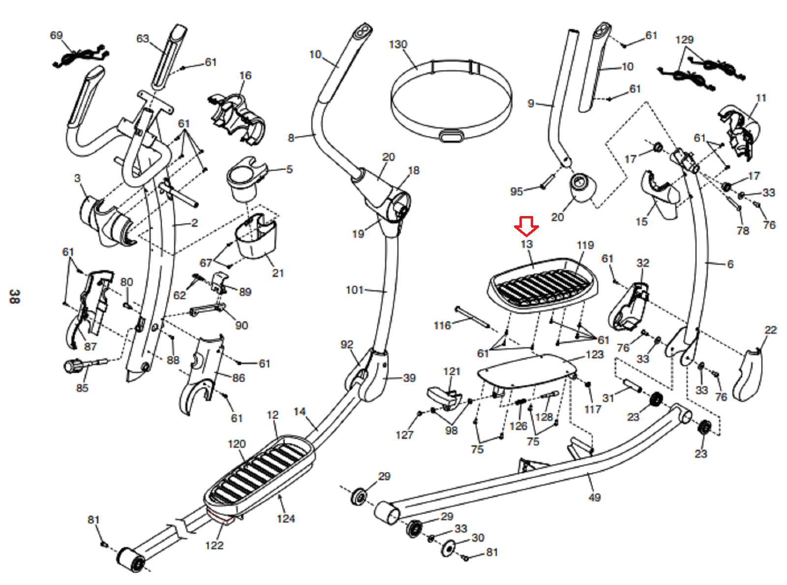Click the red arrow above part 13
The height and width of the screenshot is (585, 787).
point(527,226)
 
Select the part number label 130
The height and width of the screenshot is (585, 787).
point(398,45)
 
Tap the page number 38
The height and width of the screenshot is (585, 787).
point(14,296)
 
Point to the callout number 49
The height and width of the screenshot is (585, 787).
point(595,497)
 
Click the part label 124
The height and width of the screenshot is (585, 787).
point(286,519)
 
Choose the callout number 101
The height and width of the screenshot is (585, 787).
point(355,290)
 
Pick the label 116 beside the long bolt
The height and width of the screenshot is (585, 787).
point(442,325)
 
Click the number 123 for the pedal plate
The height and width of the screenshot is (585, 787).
point(595,354)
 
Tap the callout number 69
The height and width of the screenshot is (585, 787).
point(57,35)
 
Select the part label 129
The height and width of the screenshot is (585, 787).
point(685,40)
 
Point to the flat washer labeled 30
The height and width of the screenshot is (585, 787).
point(449,549)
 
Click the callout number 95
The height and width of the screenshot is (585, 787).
point(516,192)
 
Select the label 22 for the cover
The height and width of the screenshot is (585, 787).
point(771,330)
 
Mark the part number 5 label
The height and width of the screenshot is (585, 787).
point(290,169)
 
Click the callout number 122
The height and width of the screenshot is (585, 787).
point(214,545)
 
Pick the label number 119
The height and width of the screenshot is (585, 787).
point(585,245)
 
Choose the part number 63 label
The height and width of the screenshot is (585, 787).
point(143,38)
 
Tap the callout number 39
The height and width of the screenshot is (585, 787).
point(409,378)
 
